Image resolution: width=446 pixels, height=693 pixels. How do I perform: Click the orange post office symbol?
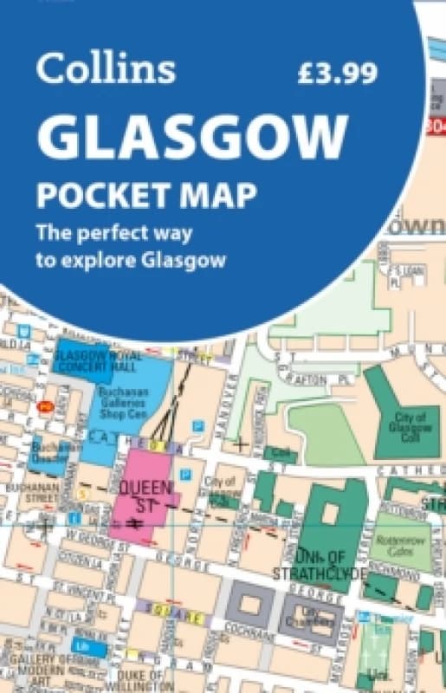(42, 405)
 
